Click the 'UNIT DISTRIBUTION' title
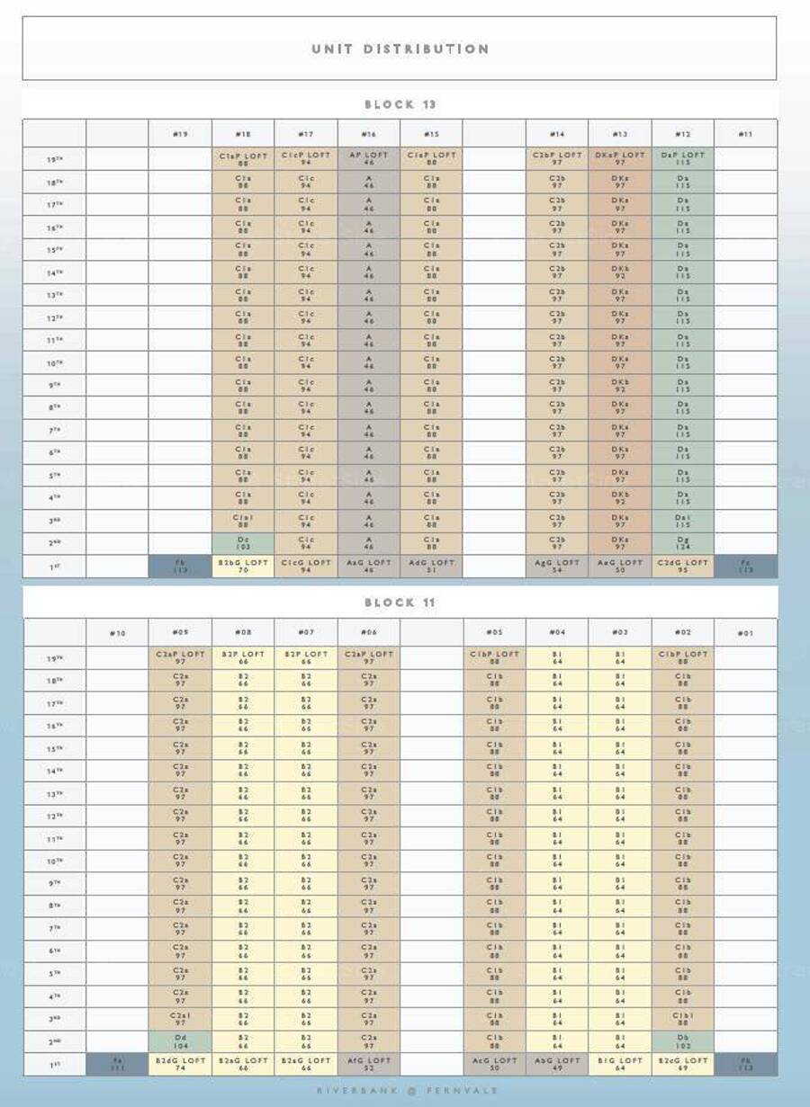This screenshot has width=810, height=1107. pyautogui.click(x=400, y=49)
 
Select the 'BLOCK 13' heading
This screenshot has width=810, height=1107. pyautogui.click(x=400, y=104)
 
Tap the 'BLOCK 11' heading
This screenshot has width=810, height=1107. pyautogui.click(x=400, y=603)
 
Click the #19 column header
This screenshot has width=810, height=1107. pyautogui.click(x=180, y=134)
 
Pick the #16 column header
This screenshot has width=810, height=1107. pyautogui.click(x=369, y=134)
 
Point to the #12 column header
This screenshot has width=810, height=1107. pyautogui.click(x=683, y=134)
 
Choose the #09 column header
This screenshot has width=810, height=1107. pyautogui.click(x=180, y=633)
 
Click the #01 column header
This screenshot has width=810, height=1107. pyautogui.click(x=745, y=633)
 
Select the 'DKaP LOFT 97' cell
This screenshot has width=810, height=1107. pyautogui.click(x=620, y=158)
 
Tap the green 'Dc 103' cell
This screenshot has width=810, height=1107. pyautogui.click(x=243, y=543)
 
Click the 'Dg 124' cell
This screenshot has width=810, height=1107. pyautogui.click(x=683, y=543)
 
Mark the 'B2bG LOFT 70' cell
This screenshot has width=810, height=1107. pyautogui.click(x=243, y=567)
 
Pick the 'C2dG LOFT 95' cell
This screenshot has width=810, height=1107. pyautogui.click(x=683, y=567)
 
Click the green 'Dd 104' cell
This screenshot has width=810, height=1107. pyautogui.click(x=180, y=1041)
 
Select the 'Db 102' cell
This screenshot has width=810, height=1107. pyautogui.click(x=683, y=1041)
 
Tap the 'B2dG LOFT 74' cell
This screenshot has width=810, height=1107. pyautogui.click(x=180, y=1064)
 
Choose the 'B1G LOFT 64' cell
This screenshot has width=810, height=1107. pyautogui.click(x=620, y=1064)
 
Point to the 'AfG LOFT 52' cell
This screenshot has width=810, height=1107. pyautogui.click(x=369, y=1064)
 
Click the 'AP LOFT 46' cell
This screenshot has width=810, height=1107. pyautogui.click(x=369, y=158)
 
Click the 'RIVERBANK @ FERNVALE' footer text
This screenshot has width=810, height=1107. pyautogui.click(x=407, y=1091)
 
